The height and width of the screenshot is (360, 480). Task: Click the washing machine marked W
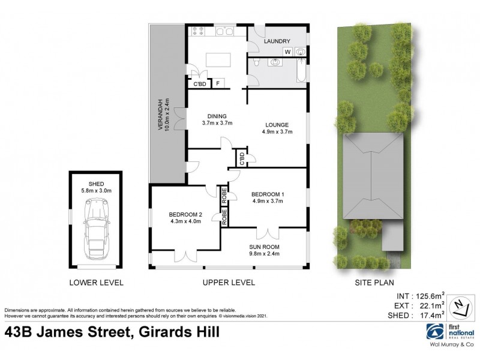click(x=287, y=52)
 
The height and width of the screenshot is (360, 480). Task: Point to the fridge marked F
click(x=218, y=83)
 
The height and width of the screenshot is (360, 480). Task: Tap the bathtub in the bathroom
click(x=301, y=70)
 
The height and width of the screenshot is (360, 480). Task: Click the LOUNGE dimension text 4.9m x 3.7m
click(x=277, y=132)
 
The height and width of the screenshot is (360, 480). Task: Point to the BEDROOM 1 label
click(x=268, y=194)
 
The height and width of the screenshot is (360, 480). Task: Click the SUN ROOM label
click(x=265, y=246)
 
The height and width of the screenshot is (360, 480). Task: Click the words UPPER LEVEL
click(x=229, y=282)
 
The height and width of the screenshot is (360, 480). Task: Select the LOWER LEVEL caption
click(x=97, y=282)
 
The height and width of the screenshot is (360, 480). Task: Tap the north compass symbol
click(x=460, y=305)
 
